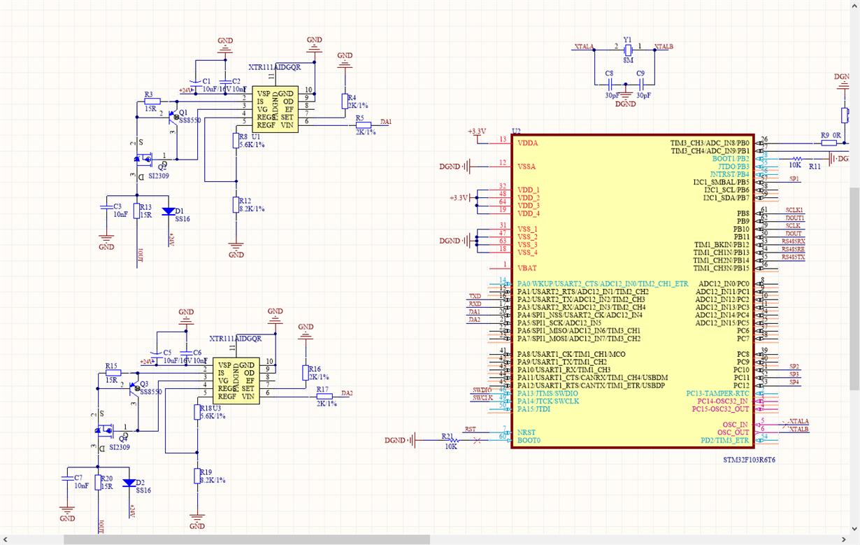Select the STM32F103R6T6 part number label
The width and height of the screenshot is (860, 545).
tap(749, 460)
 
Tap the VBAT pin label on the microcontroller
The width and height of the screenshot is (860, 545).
tap(526, 267)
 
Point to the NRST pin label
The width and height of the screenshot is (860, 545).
tap(526, 432)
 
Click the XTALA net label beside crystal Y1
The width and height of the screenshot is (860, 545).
tap(584, 47)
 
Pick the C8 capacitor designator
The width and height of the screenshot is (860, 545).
tap(609, 73)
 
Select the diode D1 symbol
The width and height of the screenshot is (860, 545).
tap(168, 211)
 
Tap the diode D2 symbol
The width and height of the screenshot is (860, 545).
tap(129, 483)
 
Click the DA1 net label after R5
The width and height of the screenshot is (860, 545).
tap(386, 122)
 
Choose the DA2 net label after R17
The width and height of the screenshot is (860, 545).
tap(347, 393)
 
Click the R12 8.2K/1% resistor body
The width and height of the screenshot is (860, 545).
tap(236, 204)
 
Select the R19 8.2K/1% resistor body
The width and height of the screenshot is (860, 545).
tap(197, 476)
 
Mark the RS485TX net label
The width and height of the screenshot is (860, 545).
tap(793, 257)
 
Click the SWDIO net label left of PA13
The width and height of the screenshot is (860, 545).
tap(482, 390)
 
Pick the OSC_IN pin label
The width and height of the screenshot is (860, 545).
tap(735, 425)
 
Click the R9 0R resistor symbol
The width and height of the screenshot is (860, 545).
tap(829, 143)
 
